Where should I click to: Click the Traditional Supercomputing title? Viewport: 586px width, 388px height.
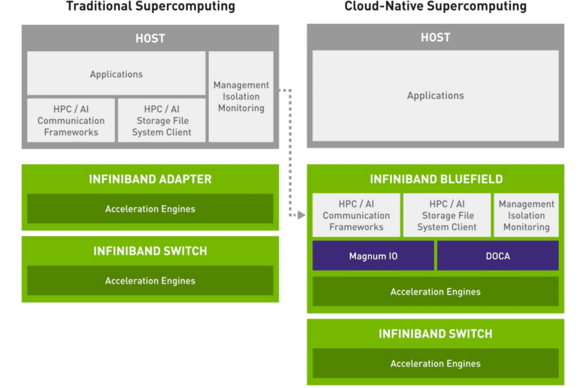click(x=150, y=6)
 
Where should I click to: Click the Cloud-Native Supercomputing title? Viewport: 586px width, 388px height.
click(x=436, y=6)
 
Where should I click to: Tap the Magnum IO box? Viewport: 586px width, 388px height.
click(x=373, y=256)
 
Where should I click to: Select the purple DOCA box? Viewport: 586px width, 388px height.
click(x=498, y=256)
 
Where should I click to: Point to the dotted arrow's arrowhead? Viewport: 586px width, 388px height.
click(x=301, y=215)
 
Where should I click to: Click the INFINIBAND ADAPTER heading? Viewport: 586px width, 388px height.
click(x=150, y=179)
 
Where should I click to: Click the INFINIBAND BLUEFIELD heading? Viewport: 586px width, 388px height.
click(x=436, y=179)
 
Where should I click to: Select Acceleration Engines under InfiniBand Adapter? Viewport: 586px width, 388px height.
click(x=150, y=209)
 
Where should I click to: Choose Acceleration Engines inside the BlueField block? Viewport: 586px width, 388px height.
click(x=436, y=292)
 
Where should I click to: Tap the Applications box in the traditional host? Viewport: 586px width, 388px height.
click(x=116, y=74)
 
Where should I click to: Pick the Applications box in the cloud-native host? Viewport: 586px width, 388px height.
click(x=436, y=95)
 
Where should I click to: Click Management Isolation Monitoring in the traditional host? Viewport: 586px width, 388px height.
click(x=241, y=96)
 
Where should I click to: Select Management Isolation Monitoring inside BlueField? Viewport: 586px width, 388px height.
click(x=526, y=215)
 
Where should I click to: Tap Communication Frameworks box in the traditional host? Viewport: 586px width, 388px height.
click(x=71, y=120)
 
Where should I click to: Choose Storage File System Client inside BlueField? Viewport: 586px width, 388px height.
click(x=447, y=215)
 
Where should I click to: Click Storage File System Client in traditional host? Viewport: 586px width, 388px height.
click(x=162, y=120)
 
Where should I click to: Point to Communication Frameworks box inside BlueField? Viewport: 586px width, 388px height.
click(x=356, y=215)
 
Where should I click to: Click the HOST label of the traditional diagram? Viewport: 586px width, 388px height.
click(x=150, y=38)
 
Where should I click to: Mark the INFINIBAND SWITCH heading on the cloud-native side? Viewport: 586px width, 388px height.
click(x=436, y=334)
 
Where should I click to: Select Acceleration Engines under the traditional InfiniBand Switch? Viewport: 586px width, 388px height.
click(x=150, y=280)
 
